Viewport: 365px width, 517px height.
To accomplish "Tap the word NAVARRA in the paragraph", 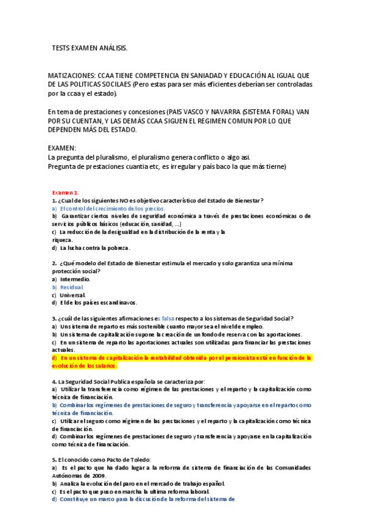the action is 220,112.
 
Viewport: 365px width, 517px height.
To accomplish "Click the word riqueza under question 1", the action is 62,240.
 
